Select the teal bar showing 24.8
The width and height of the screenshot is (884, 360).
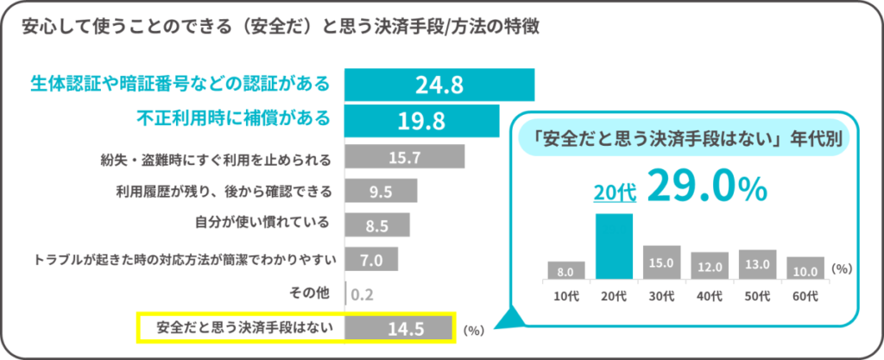(439, 85)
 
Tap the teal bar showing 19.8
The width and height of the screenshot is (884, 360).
(422, 120)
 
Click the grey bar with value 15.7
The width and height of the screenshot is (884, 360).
(404, 157)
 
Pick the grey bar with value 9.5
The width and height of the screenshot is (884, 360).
(381, 191)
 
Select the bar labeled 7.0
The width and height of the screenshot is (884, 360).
(371, 259)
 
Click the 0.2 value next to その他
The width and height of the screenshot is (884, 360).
(363, 294)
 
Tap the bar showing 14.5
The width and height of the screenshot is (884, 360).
(399, 328)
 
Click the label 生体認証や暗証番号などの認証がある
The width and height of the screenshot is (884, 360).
(180, 84)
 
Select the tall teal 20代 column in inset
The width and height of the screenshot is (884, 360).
(615, 247)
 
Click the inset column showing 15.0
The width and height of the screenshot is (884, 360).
(662, 262)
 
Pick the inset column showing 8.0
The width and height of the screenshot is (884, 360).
(566, 270)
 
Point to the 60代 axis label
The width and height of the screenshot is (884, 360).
(805, 295)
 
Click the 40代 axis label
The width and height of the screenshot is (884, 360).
(710, 295)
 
